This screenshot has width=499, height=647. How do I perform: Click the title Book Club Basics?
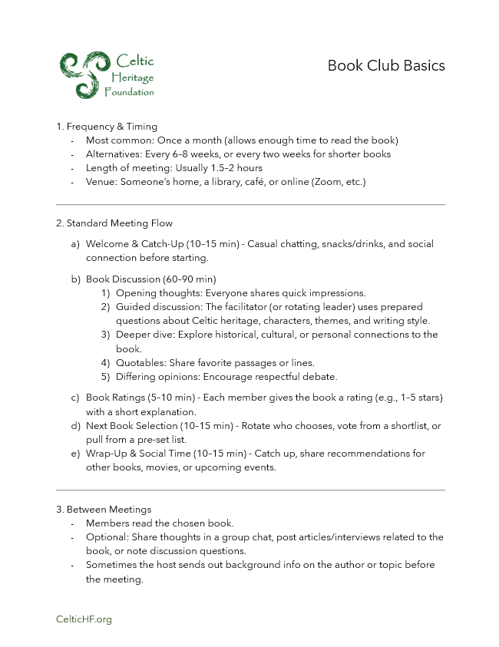click(x=386, y=65)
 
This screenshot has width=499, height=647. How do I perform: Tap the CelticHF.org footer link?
click(x=84, y=619)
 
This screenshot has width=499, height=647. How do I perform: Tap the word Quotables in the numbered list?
click(x=140, y=362)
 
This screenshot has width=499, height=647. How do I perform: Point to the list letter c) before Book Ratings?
click(x=75, y=398)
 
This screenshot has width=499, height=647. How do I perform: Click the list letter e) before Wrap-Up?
click(x=75, y=453)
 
